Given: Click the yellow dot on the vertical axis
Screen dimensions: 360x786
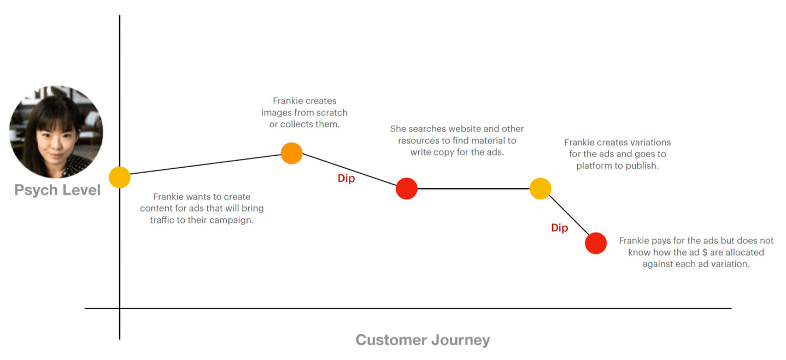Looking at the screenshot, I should tap(120, 177).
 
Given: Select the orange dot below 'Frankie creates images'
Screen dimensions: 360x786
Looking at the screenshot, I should tap(292, 153).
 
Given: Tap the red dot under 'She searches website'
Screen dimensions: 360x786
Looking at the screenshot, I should tap(407, 188).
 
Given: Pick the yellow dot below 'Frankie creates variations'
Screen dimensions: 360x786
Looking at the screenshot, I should tap(540, 188).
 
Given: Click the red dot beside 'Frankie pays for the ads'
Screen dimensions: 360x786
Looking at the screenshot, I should tap(596, 243).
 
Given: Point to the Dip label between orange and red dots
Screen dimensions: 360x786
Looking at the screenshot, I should tap(346, 179).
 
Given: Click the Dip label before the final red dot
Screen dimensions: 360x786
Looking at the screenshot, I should tap(559, 228).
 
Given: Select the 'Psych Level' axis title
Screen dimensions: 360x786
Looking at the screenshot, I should tap(57, 190).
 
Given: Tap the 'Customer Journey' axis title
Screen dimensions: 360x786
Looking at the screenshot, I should tap(423, 340).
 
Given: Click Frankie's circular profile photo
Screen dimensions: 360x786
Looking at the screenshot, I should tap(56, 132).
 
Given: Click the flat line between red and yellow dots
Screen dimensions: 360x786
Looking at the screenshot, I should tap(473, 188).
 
